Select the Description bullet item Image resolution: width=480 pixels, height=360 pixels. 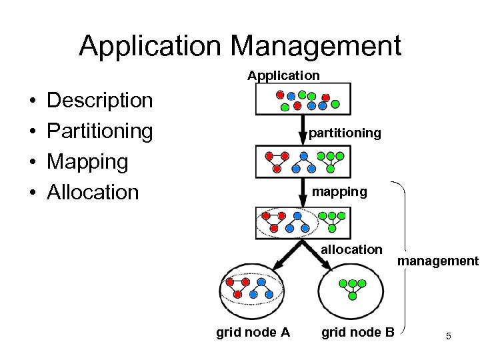100,101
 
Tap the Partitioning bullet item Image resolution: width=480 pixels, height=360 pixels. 100,131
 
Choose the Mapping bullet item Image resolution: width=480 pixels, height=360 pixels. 87,161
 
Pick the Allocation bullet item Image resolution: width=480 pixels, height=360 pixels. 93,192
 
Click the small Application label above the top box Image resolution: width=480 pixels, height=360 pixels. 283,75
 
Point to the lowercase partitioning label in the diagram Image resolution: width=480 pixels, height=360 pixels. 345,133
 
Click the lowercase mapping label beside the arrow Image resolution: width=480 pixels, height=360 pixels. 340,192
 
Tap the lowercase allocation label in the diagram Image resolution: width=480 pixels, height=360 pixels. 351,249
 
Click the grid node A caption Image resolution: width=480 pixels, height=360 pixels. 253,332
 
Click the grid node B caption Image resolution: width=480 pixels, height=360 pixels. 358,332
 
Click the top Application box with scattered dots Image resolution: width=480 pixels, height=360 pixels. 303,99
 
